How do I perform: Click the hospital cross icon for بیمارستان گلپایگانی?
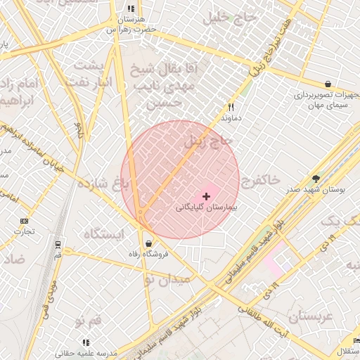click(x=206, y=195)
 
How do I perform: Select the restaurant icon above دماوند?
click(x=231, y=108)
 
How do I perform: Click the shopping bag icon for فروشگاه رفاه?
click(x=149, y=243)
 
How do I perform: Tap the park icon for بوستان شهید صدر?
click(x=316, y=179)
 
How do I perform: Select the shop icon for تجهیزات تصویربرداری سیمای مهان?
click(x=328, y=83)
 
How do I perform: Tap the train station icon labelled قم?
click(x=58, y=245)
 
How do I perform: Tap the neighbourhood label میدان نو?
click(x=167, y=279)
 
